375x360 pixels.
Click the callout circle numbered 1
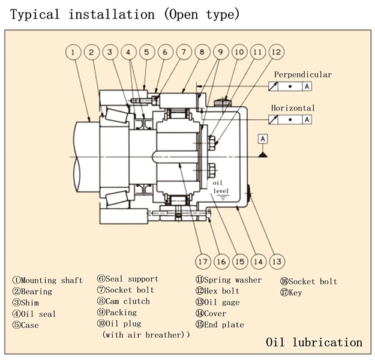[x=73, y=53]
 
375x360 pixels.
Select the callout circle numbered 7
[x=184, y=53]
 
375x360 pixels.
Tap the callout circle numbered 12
[x=277, y=53]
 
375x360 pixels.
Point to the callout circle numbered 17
[x=203, y=261]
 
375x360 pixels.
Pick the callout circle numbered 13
[x=277, y=261]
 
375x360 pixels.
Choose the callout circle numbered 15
[x=240, y=261]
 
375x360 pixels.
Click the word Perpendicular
[x=302, y=74]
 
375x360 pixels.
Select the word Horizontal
[x=292, y=108]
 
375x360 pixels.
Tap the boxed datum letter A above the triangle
[x=262, y=139]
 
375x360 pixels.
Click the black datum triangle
[x=262, y=154]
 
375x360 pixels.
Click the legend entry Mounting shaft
[x=47, y=280]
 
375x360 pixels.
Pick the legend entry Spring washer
[x=229, y=280]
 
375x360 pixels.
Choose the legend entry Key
[x=291, y=293]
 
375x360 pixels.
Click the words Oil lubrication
[x=314, y=343]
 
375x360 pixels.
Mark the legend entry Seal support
[x=128, y=278]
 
